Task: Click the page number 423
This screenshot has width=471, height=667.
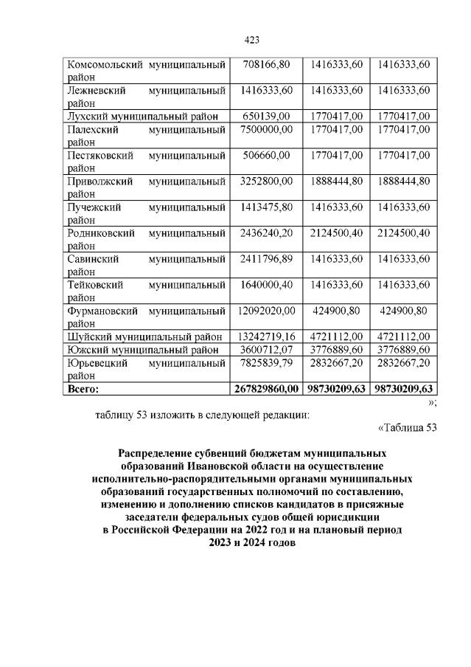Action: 250,40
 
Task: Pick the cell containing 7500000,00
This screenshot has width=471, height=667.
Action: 266,128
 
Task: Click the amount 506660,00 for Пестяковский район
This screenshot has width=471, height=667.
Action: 266,155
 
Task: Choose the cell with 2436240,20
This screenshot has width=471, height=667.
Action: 266,233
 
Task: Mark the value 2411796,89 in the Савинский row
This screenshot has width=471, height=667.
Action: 266,259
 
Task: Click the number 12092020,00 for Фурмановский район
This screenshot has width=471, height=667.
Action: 266,310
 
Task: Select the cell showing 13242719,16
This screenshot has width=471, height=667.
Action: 266,336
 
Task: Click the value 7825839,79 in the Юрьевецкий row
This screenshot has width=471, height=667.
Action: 266,362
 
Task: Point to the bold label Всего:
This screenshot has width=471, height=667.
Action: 83,388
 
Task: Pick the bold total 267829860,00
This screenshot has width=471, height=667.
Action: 266,388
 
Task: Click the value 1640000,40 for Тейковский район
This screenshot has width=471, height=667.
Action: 266,285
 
